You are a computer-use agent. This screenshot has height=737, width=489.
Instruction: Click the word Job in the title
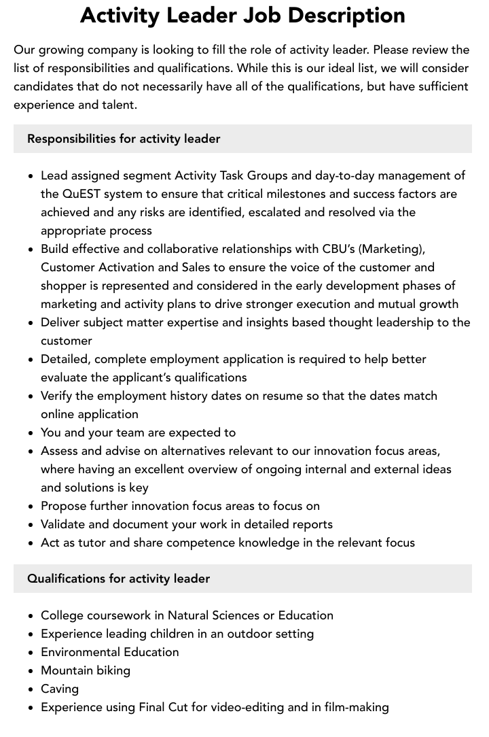tap(280, 15)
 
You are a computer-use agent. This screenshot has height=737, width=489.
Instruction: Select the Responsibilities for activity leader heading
tap(124, 139)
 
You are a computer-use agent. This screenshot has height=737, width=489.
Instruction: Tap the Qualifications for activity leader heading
tap(118, 579)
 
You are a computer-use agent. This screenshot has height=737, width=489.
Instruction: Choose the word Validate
tap(64, 524)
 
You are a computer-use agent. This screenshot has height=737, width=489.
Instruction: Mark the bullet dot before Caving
tap(31, 689)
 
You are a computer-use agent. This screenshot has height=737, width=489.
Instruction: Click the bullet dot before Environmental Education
tap(31, 653)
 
